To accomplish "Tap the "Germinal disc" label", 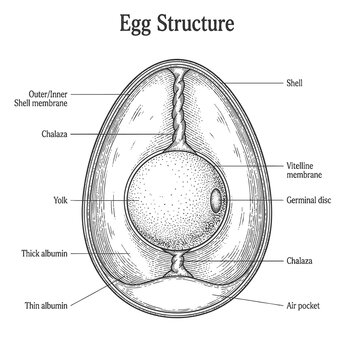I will click(309, 200).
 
